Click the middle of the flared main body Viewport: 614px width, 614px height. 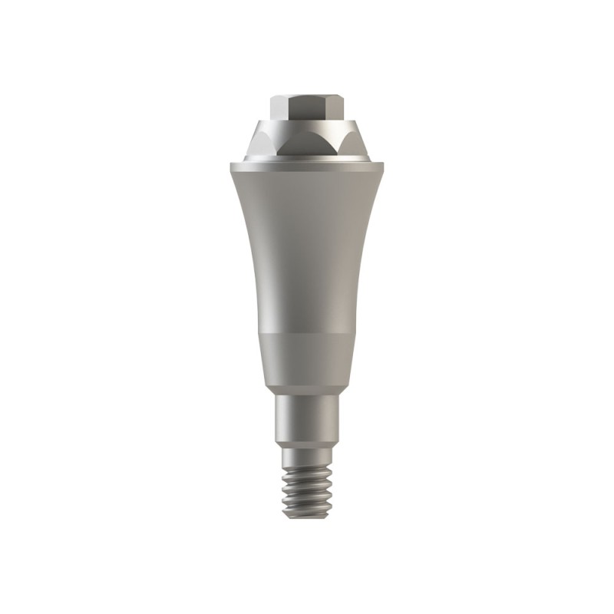[306, 246]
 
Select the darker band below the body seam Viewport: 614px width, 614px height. [306, 357]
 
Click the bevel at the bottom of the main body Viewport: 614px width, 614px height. [306, 388]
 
